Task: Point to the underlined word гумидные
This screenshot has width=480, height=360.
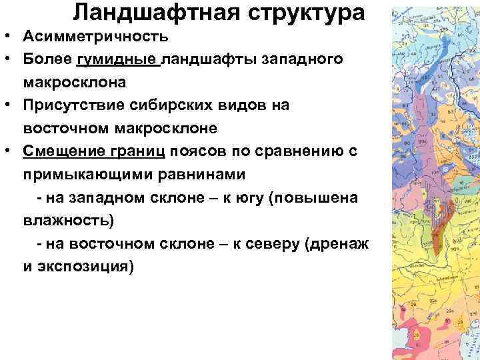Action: click(x=118, y=60)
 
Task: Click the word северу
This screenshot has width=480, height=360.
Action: click(x=273, y=243)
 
